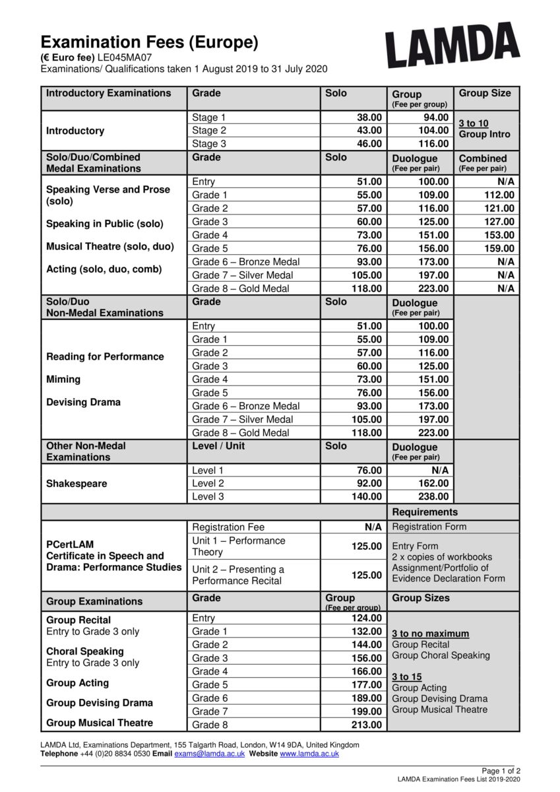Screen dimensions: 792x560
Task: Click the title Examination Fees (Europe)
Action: pyautogui.click(x=149, y=43)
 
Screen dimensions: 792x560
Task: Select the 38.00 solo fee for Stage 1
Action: pyautogui.click(x=369, y=117)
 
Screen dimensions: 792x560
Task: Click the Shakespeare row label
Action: pyautogui.click(x=77, y=484)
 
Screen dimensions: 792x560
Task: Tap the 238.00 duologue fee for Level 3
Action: pyautogui.click(x=433, y=497)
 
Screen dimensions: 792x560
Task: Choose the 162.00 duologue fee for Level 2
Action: pyautogui.click(x=433, y=484)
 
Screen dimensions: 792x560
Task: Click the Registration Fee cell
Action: pyautogui.click(x=228, y=527)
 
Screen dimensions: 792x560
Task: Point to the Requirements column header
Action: pyautogui.click(x=425, y=512)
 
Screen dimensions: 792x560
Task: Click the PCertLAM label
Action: pyautogui.click(x=70, y=544)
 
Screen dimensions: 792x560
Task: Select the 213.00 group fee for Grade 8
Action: pyautogui.click(x=367, y=725)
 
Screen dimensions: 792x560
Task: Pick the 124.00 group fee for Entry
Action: pyautogui.click(x=367, y=618)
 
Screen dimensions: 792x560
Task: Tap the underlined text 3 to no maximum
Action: pyautogui.click(x=431, y=634)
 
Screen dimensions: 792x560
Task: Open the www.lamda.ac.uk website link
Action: pyautogui.click(x=309, y=754)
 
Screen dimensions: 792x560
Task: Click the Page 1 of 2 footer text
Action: pyautogui.click(x=501, y=771)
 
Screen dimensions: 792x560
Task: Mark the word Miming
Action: pyautogui.click(x=63, y=379)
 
